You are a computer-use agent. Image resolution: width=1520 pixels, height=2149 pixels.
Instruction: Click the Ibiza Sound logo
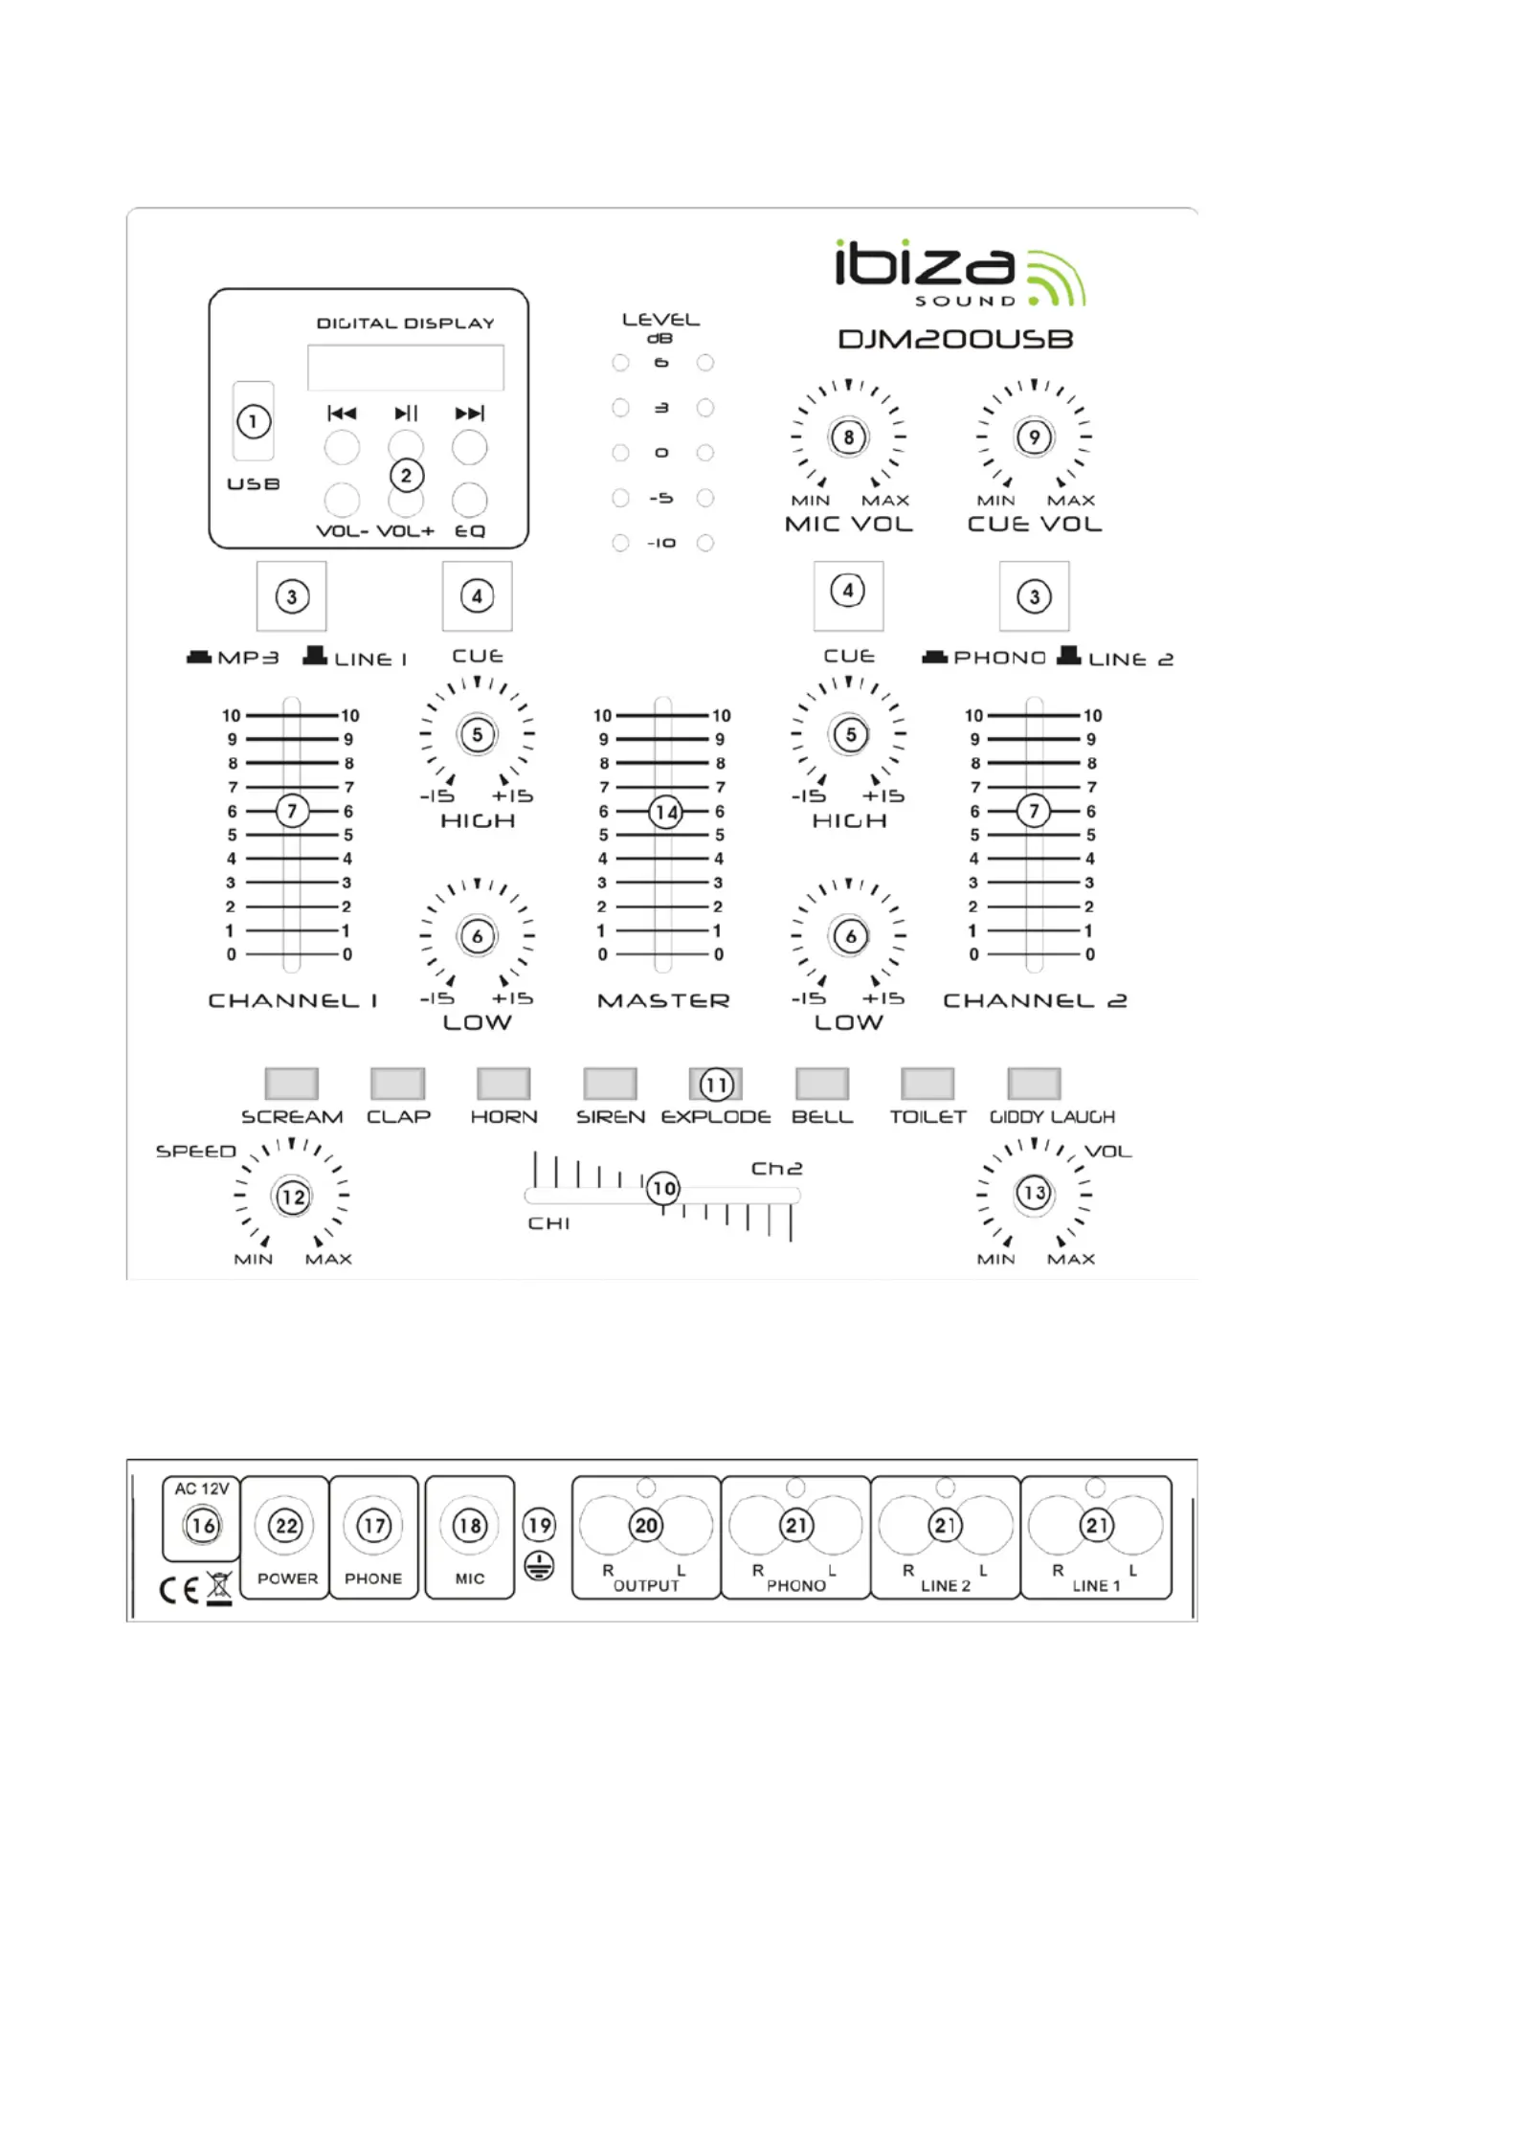click(960, 273)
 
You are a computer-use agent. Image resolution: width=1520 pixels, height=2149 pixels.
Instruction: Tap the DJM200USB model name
click(955, 339)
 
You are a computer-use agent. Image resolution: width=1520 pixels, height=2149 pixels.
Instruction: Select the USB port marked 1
click(254, 421)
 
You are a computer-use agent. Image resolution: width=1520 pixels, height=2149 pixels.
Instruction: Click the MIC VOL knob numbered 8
click(848, 437)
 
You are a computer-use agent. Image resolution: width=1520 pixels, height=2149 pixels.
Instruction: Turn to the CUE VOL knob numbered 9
click(1034, 437)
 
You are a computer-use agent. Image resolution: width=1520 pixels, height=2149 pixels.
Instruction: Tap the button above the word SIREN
click(610, 1084)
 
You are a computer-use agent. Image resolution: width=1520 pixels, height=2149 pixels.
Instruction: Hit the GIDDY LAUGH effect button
click(1035, 1084)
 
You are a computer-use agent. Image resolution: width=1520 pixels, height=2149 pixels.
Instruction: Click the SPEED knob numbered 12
click(292, 1196)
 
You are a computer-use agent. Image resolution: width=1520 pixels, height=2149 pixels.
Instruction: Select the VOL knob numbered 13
click(1034, 1194)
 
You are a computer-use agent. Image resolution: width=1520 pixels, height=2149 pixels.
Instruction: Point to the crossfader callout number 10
click(663, 1189)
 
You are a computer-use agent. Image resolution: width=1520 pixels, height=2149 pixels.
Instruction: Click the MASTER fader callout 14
click(665, 813)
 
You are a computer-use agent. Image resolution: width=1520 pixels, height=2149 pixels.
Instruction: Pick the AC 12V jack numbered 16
click(202, 1525)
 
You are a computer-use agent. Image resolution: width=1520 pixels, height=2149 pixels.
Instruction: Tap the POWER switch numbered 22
click(286, 1525)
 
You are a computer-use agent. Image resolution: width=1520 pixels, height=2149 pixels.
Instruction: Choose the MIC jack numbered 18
click(469, 1525)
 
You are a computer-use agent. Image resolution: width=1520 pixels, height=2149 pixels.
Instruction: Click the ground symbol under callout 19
click(540, 1567)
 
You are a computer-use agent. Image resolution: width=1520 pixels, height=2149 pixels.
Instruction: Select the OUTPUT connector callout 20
click(646, 1525)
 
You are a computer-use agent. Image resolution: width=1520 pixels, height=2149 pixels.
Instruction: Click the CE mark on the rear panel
click(179, 1590)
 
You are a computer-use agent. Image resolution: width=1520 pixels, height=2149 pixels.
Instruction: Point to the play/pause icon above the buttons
click(406, 414)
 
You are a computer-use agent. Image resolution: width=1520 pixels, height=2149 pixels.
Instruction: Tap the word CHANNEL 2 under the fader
click(1035, 1000)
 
